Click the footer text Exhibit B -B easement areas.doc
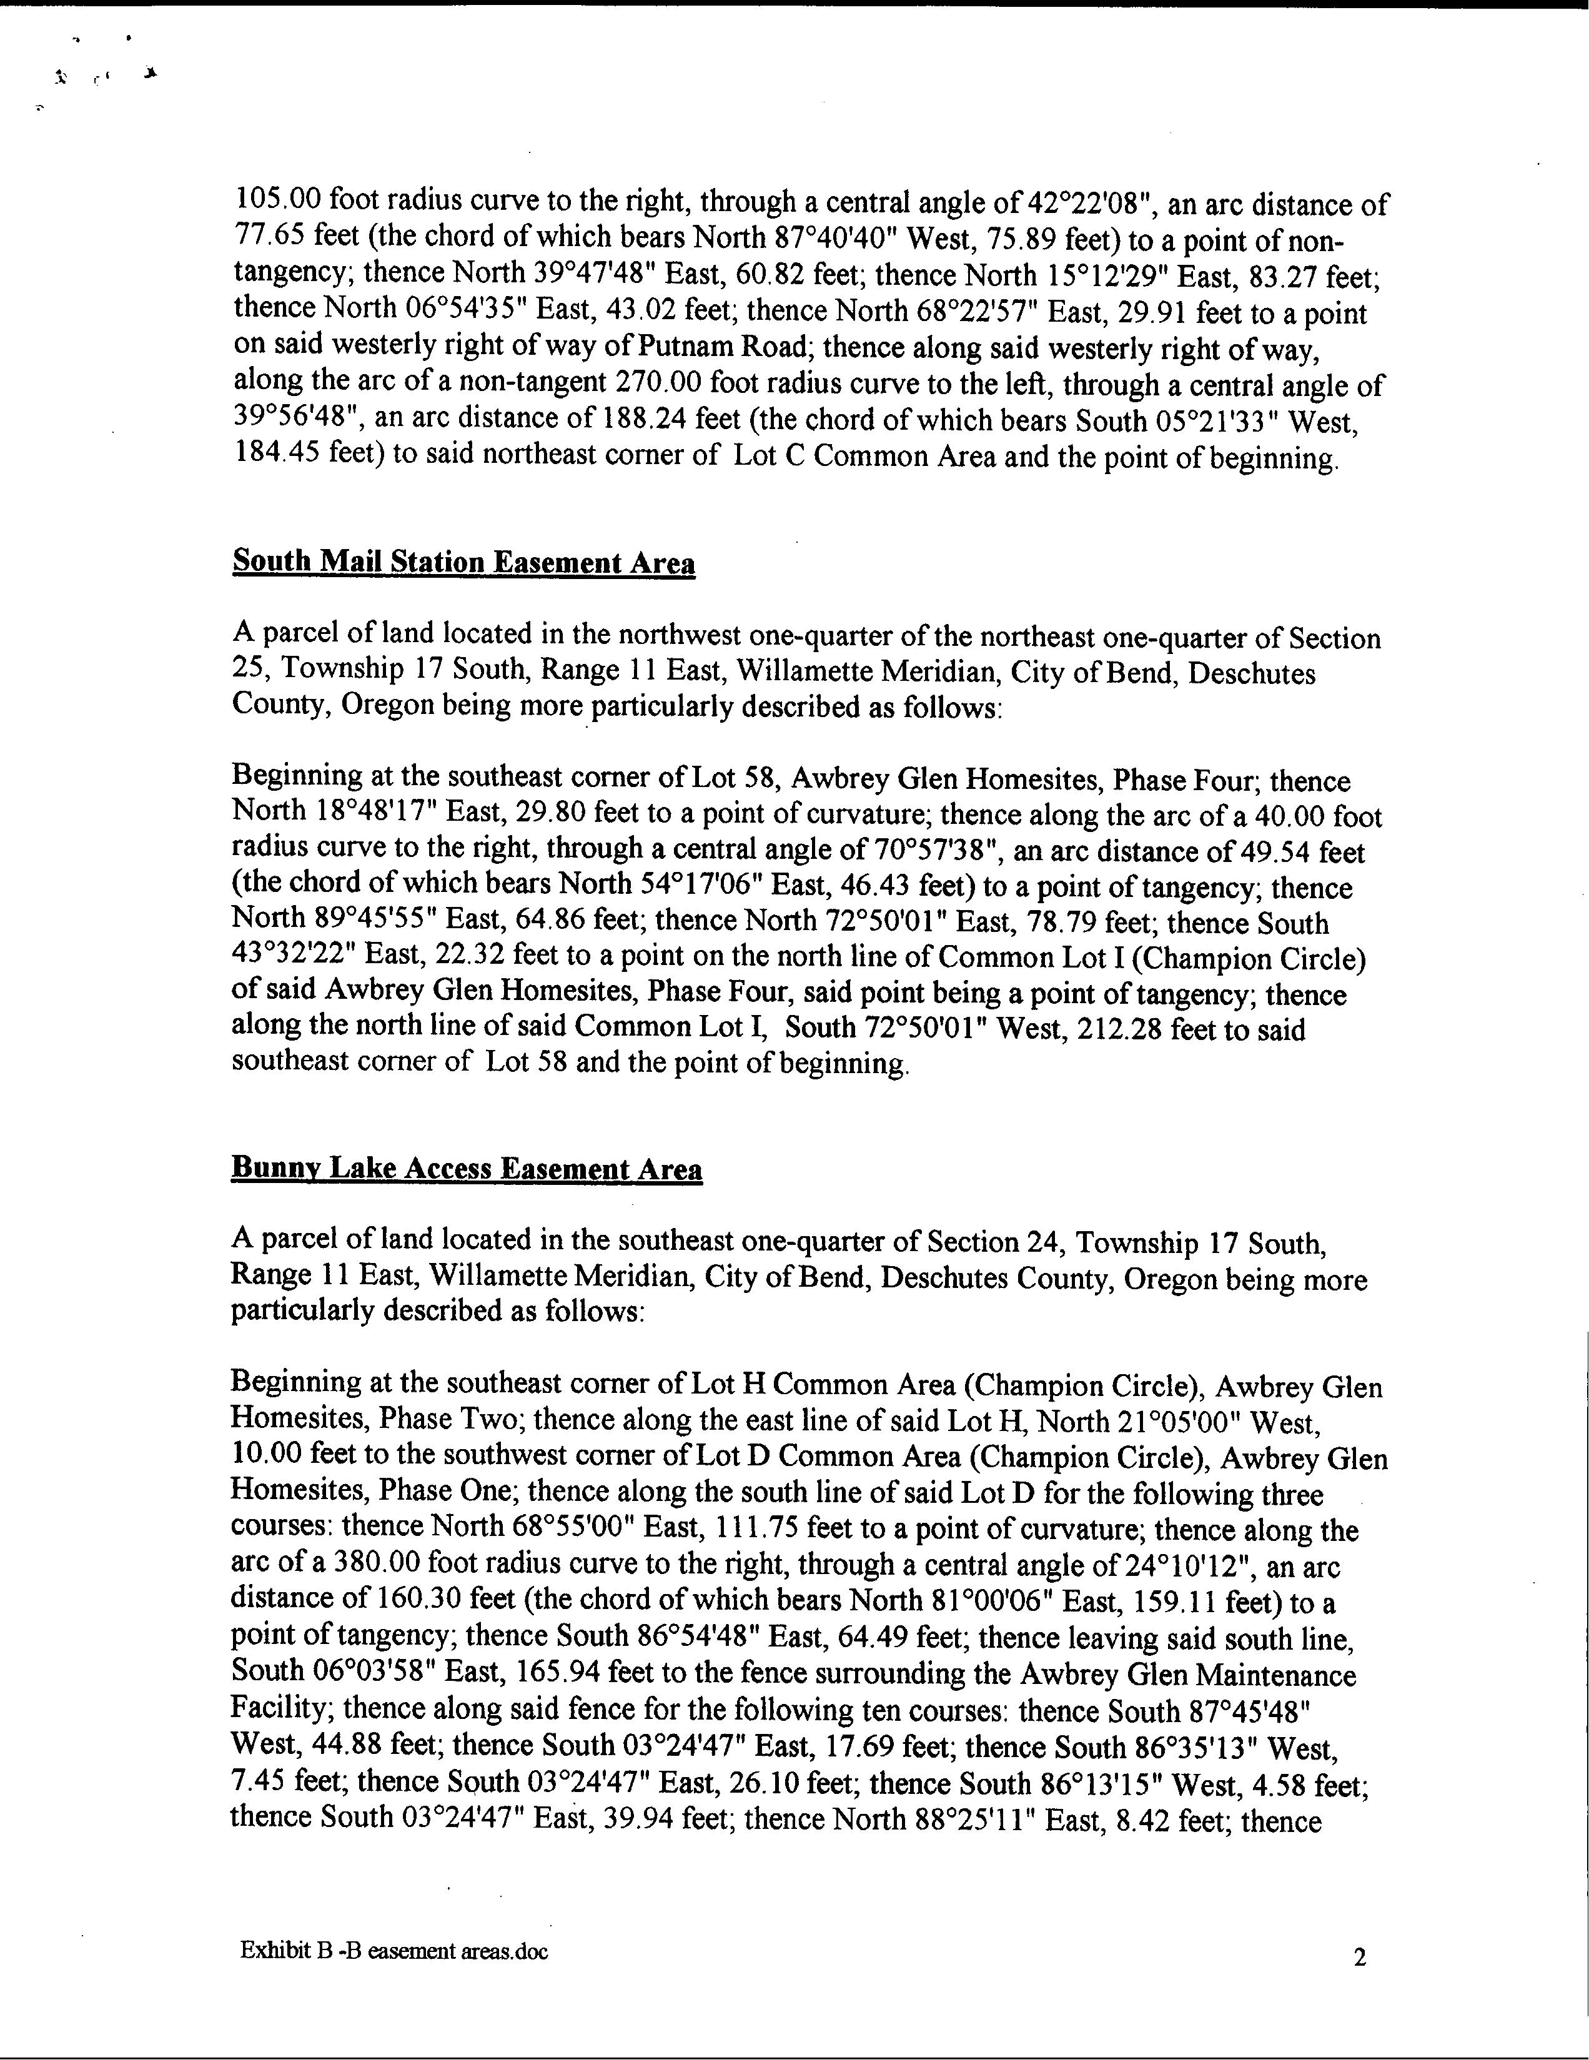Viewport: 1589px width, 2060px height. pos(394,1951)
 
